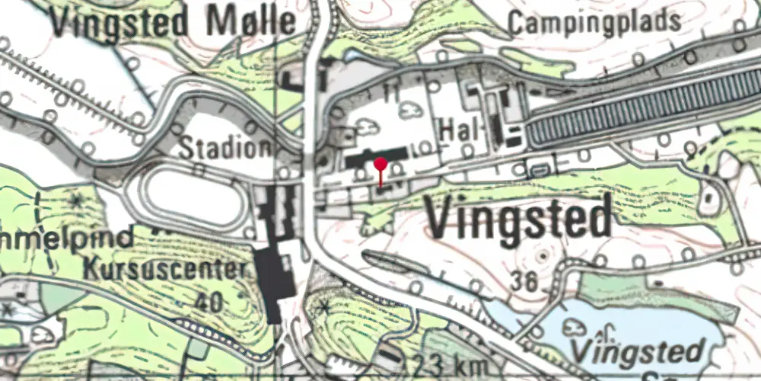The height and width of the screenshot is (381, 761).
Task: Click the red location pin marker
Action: (x=380, y=164)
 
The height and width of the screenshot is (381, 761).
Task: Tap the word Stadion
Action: (x=224, y=147)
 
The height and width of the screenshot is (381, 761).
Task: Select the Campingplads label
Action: (x=594, y=22)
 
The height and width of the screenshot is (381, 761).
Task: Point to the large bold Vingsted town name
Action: (x=518, y=217)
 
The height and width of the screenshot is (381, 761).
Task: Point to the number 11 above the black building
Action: (x=392, y=93)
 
